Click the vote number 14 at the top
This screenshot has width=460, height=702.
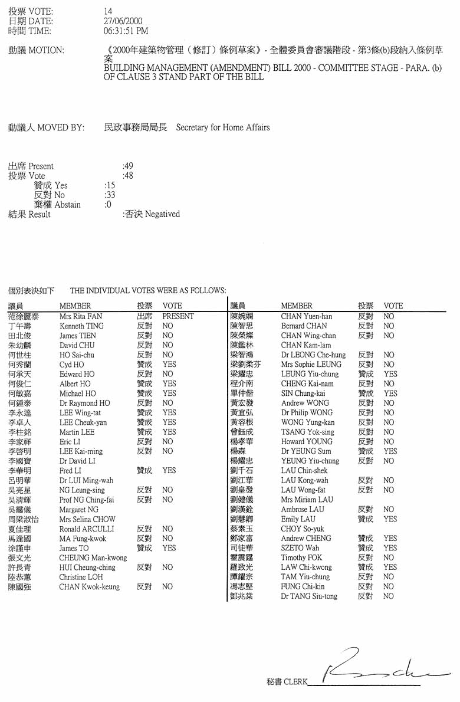(107, 11)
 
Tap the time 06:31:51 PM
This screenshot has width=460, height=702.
(126, 31)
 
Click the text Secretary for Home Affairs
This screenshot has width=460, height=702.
(222, 127)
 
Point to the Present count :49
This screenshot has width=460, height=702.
(127, 166)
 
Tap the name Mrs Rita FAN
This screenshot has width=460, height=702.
(81, 316)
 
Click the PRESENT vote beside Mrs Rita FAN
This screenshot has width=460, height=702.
(178, 316)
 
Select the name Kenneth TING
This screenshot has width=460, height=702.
(81, 326)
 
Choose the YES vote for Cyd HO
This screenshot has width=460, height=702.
(169, 365)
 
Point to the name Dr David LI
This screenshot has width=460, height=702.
(77, 461)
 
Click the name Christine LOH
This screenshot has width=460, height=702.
(81, 577)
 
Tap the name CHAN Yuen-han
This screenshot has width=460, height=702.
(306, 316)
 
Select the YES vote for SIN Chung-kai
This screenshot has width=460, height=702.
(390, 393)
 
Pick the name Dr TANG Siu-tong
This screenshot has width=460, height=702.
(309, 596)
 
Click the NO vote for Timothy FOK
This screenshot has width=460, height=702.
(388, 557)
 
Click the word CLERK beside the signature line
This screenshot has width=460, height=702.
(295, 682)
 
